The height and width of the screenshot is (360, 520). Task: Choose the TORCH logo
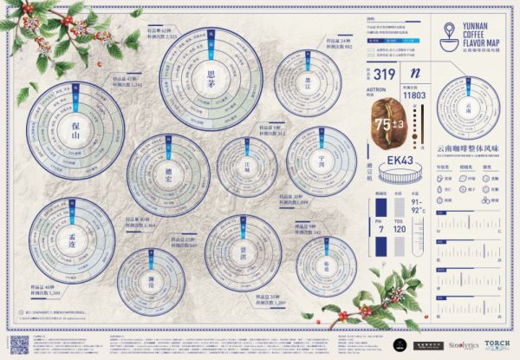(x=497, y=344)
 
